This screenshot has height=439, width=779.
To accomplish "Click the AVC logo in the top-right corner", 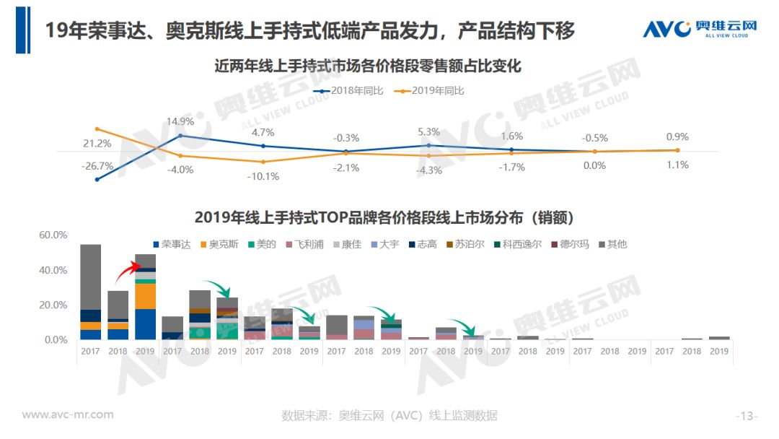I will pos(700,30).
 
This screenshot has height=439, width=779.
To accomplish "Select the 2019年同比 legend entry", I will pos(433,91).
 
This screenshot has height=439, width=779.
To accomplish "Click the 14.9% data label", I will pos(180,122).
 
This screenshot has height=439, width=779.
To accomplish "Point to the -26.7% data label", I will pos(98,166).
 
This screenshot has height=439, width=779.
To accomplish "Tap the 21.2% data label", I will pos(97,144).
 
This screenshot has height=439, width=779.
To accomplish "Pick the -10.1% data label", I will pos(263,176).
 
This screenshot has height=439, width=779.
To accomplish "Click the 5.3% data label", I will pos(428,132).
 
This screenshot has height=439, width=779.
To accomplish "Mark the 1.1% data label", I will pos(677,165).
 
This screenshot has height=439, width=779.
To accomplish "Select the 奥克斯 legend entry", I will pos(220,244).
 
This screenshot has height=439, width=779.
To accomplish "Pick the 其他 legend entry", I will pos(613,244).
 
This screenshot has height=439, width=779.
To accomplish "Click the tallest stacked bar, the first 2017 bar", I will pos(90,292).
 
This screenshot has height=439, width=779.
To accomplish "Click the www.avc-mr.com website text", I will pos(68,414).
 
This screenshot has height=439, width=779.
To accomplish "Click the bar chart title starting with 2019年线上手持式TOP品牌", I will pos(389,217).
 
